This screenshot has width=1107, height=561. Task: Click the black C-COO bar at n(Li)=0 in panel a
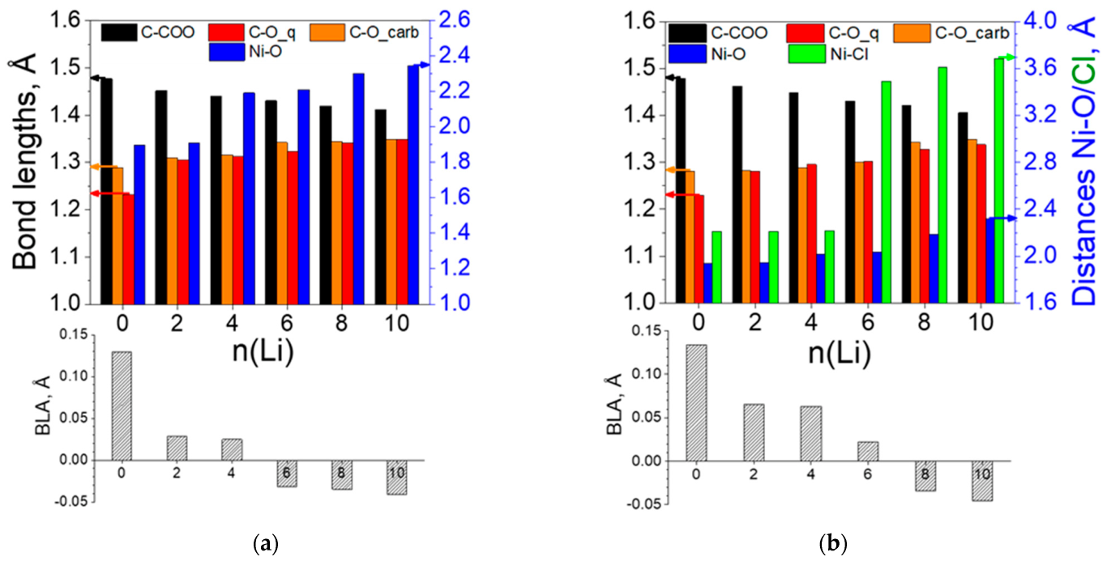(107, 190)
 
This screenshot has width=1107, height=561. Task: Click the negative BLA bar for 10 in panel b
(982, 481)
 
